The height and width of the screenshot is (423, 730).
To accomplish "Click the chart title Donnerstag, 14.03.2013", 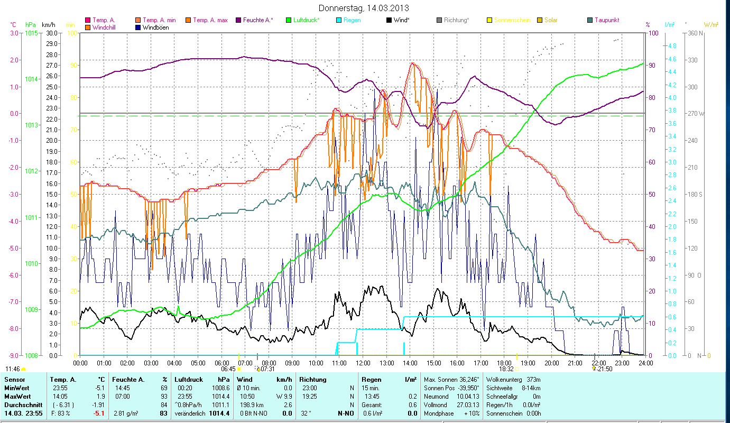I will [364, 8].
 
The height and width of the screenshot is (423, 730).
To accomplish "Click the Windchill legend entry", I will [104, 27].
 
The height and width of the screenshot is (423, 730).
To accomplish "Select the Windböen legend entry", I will [155, 27].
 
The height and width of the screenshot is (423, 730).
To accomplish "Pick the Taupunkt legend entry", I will [606, 20].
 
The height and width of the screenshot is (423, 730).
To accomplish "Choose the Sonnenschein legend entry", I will [512, 20].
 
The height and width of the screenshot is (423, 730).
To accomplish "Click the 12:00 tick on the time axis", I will [363, 363].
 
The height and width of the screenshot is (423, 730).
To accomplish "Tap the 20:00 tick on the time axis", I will [552, 363].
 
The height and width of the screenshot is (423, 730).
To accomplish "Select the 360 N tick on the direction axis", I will [694, 33].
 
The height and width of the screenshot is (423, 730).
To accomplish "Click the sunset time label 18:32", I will [506, 369].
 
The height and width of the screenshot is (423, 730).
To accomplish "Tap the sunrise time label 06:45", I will [228, 369].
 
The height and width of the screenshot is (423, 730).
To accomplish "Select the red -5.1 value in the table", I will [99, 413].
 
